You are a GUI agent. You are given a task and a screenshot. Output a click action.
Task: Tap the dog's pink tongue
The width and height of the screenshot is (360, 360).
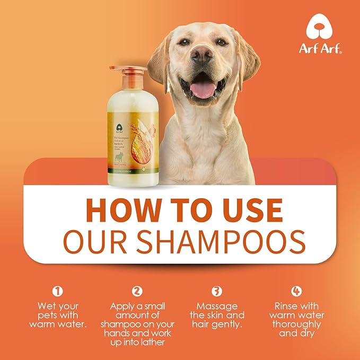203,89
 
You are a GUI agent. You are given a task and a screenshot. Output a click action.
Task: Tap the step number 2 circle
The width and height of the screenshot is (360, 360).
137,291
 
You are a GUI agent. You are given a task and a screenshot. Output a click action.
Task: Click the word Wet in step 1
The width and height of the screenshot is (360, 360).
46,306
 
